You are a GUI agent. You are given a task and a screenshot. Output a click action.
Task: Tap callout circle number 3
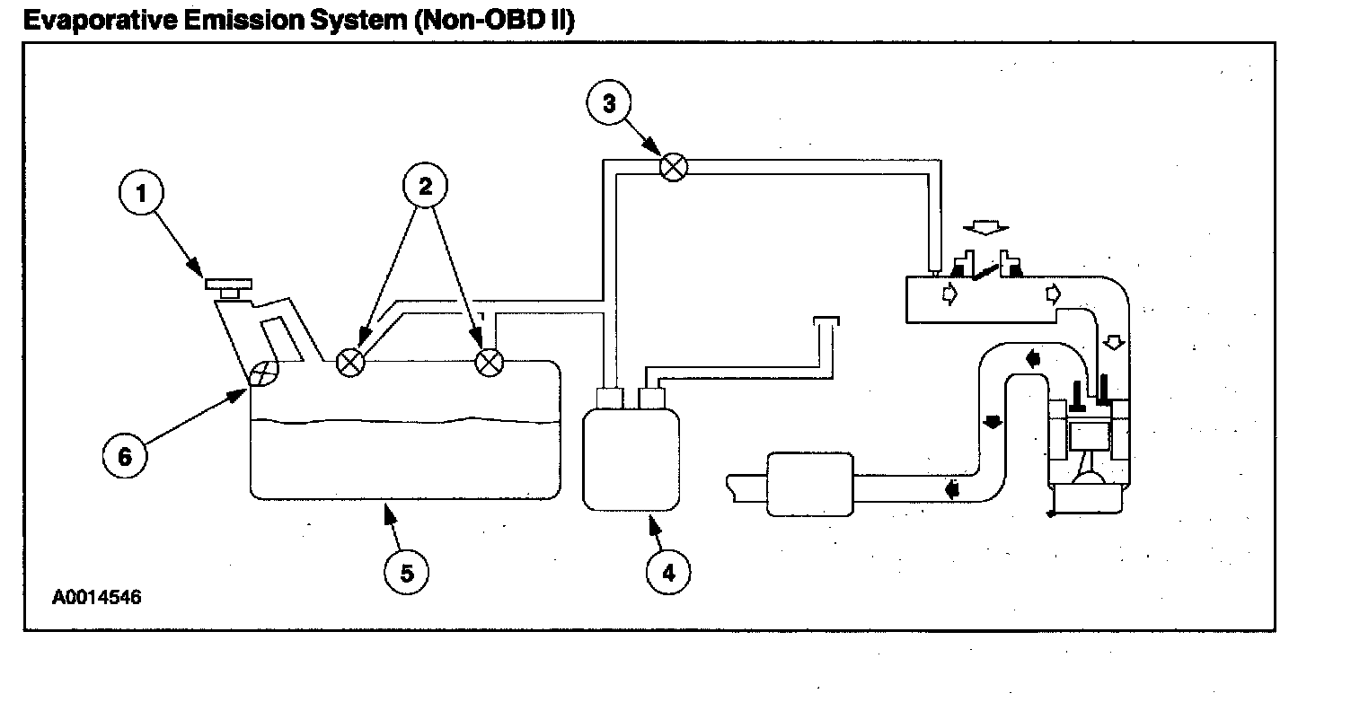(x=610, y=103)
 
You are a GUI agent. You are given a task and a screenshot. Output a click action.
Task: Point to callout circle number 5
(x=407, y=572)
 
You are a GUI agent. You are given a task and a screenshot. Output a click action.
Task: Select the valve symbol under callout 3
(x=674, y=167)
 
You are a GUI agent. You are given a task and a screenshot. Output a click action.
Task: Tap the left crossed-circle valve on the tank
(x=349, y=363)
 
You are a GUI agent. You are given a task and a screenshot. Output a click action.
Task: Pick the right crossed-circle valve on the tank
(x=489, y=362)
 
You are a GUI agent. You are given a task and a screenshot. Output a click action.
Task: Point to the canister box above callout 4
(x=631, y=459)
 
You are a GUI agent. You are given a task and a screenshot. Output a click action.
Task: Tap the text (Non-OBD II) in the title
(x=493, y=21)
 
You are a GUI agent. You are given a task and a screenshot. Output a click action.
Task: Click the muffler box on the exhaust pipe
(x=809, y=485)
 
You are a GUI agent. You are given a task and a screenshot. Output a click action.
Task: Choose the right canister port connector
(x=649, y=398)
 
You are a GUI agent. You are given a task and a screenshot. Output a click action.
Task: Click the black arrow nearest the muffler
(x=951, y=490)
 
